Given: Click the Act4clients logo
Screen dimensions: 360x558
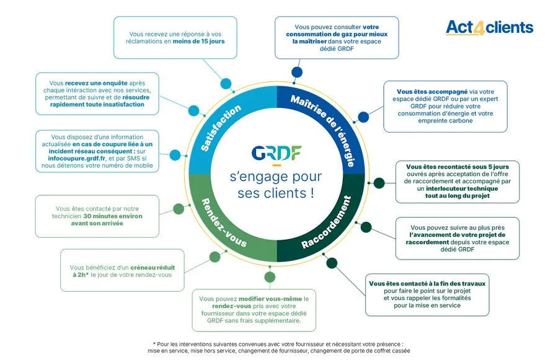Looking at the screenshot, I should tap(489, 28).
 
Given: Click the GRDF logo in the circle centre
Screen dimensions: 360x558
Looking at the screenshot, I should tap(277, 153).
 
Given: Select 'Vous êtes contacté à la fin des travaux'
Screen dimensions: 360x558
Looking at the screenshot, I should tap(427, 284).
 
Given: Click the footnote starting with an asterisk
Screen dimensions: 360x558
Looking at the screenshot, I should tap(278, 347).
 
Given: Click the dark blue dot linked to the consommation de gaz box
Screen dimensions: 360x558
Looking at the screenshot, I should tap(297, 72).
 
